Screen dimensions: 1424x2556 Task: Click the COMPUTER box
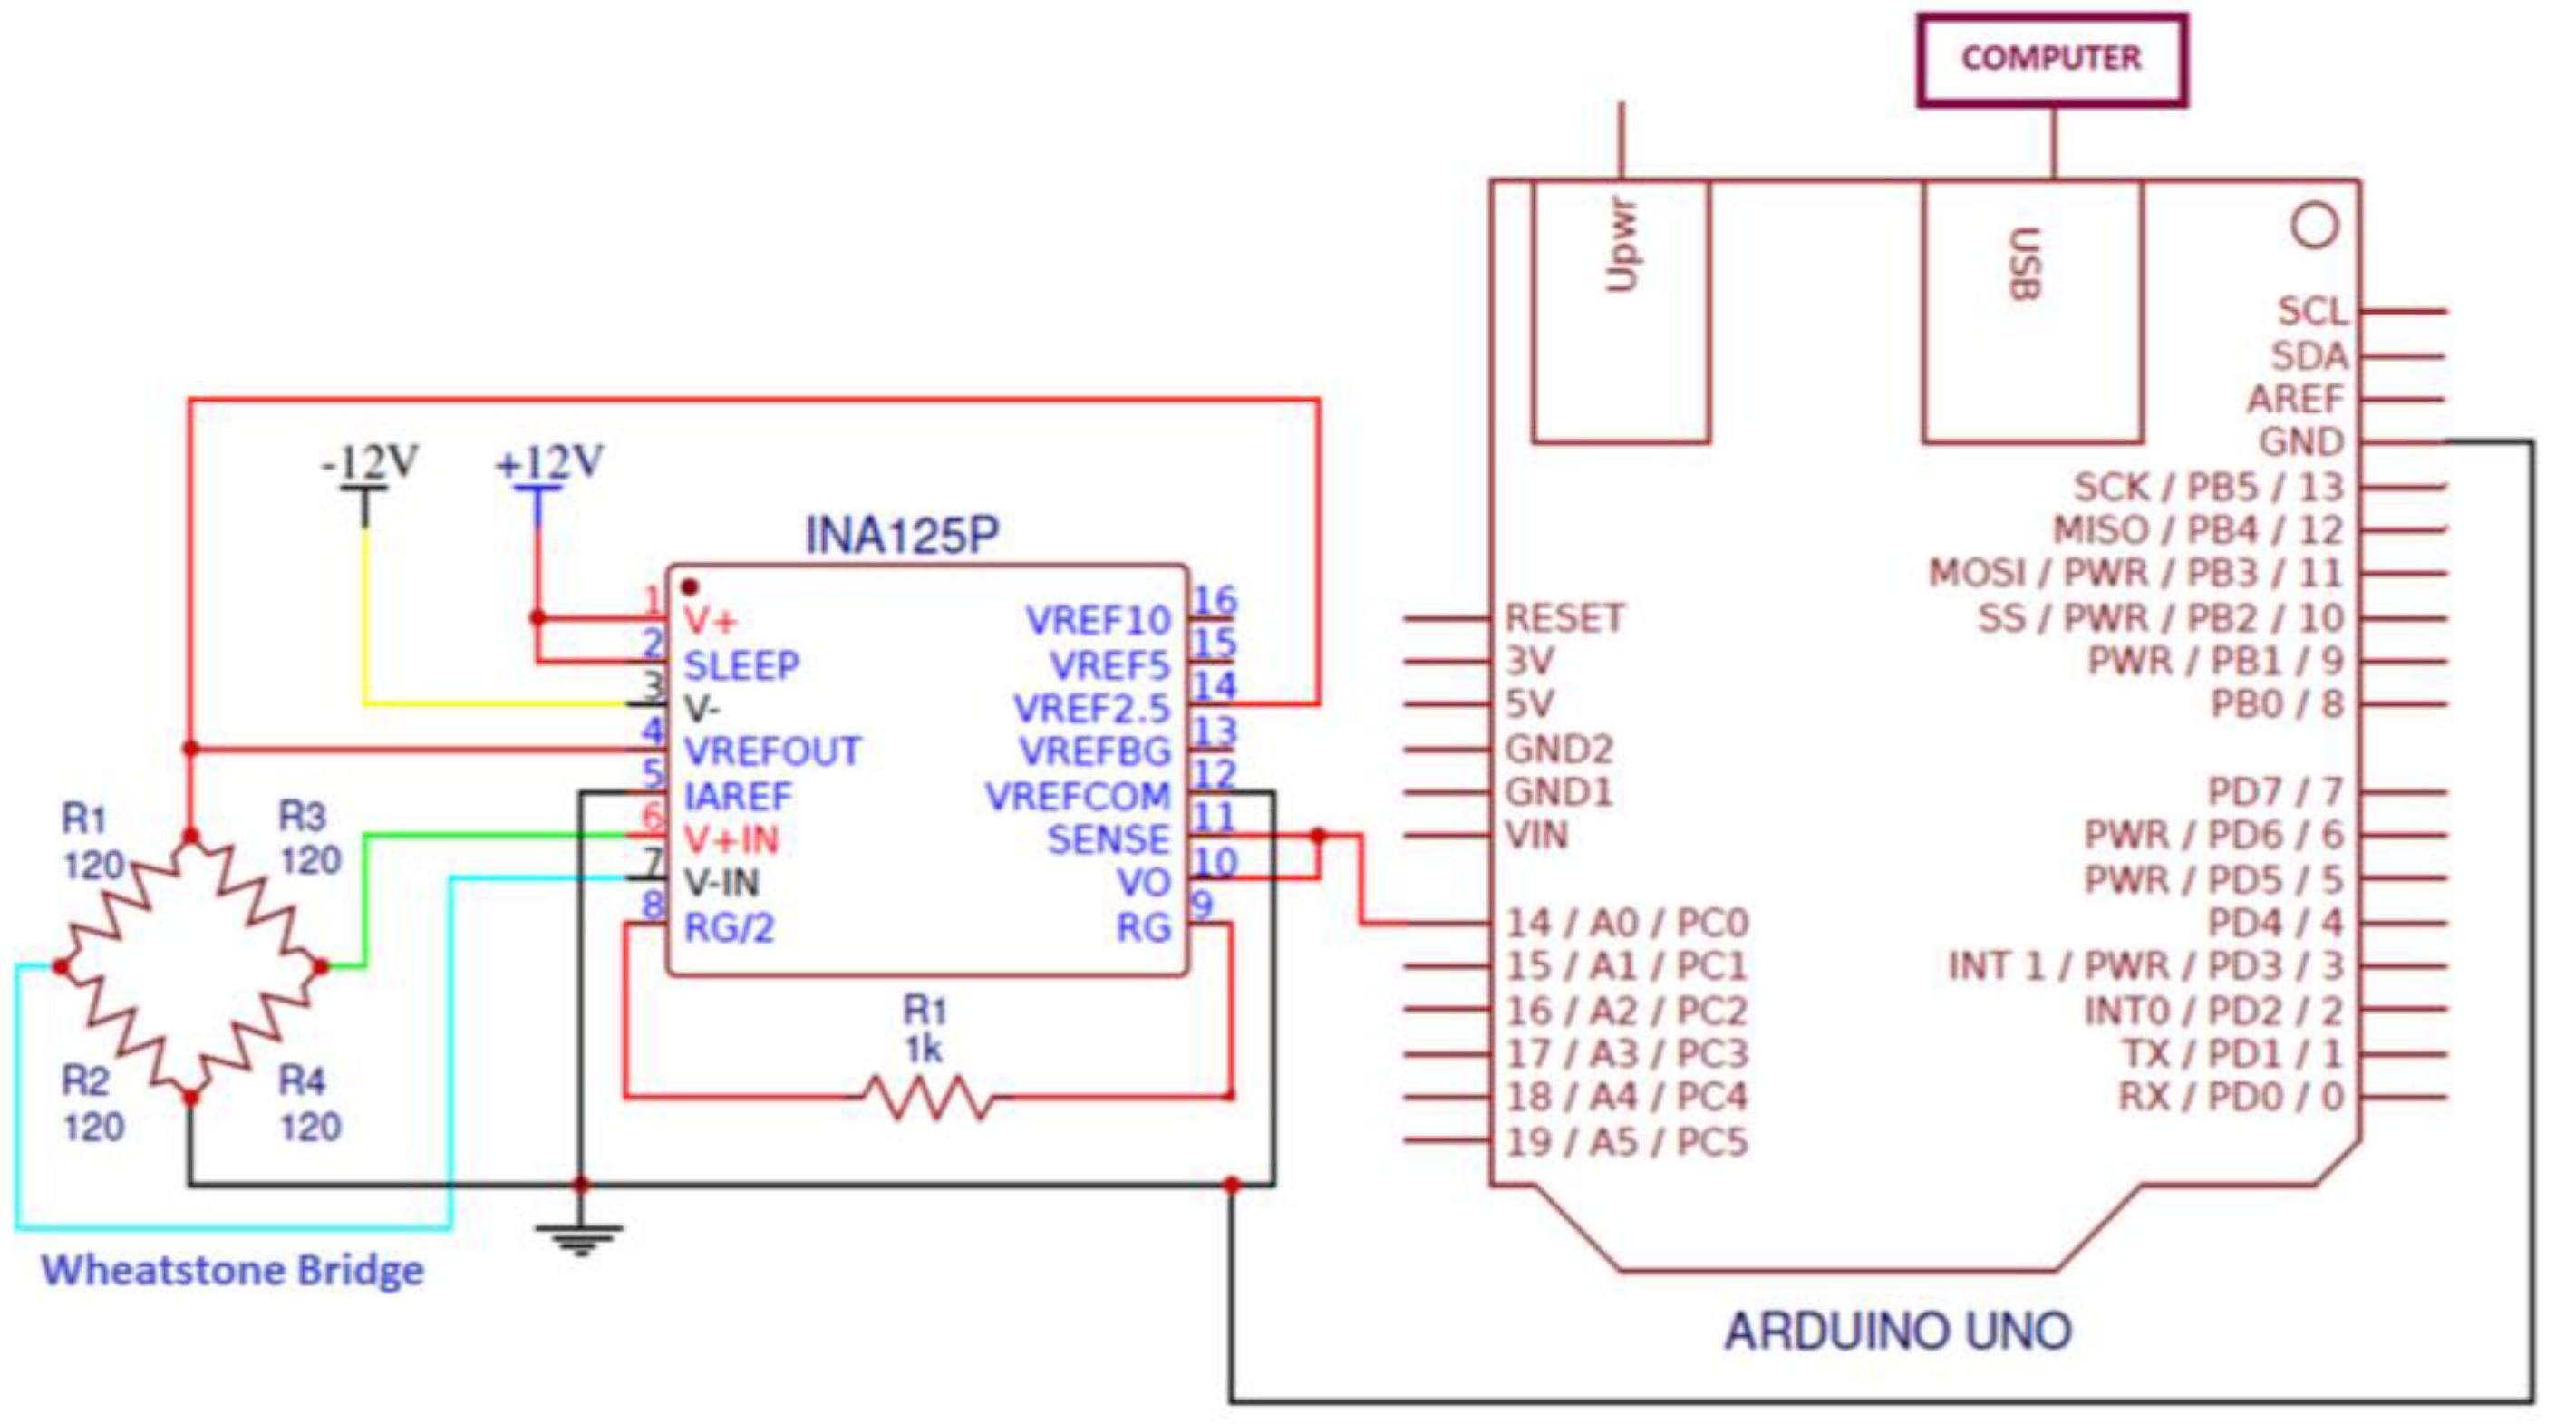tap(2051, 60)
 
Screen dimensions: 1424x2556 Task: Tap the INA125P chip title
tap(901, 536)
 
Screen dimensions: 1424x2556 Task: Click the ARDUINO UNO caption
tap(1897, 1331)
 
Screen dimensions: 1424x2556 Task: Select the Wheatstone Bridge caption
tap(232, 1270)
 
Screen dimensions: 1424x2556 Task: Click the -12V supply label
tap(369, 463)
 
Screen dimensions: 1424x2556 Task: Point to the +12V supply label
tap(549, 463)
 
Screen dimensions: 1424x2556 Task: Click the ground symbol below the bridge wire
tap(579, 1238)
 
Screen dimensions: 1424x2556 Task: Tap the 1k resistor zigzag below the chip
tap(928, 1098)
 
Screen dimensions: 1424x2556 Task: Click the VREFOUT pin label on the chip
tap(772, 752)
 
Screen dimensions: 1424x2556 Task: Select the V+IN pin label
tap(731, 840)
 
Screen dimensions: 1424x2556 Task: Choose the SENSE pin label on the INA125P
tap(1109, 840)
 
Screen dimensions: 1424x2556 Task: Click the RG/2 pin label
tap(730, 929)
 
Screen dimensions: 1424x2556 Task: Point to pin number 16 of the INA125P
tap(1215, 600)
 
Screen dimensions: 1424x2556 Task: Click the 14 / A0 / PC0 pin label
tap(1626, 924)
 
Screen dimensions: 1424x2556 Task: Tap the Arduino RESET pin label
tap(1564, 618)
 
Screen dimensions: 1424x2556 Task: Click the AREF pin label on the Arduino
tap(2295, 400)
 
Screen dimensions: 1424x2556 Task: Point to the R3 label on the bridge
tap(302, 817)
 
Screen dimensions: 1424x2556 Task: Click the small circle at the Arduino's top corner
tap(2315, 226)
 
